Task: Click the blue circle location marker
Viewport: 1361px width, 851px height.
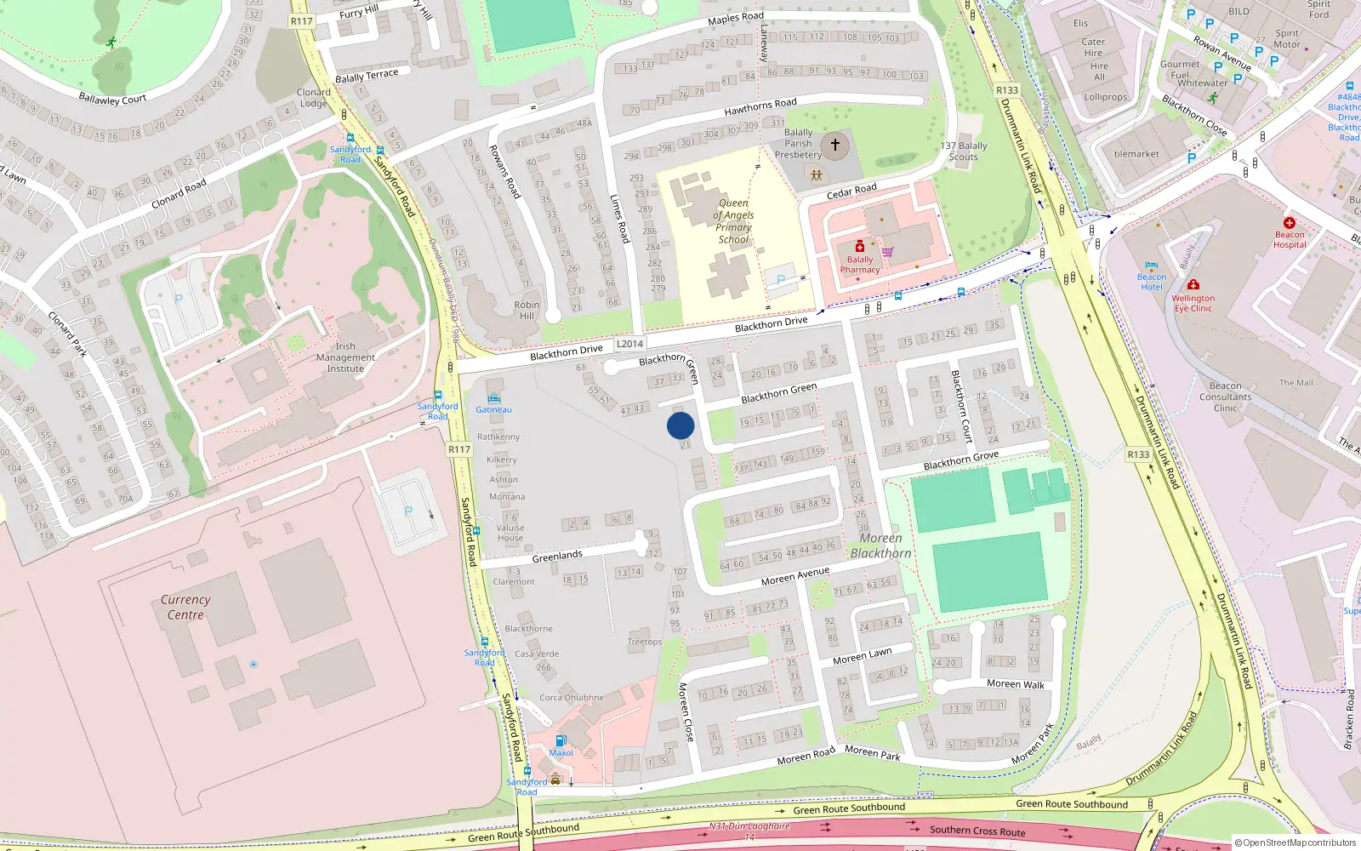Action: (x=680, y=425)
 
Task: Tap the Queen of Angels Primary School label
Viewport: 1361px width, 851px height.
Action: (x=733, y=221)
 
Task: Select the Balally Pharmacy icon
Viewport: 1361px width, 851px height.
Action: (x=860, y=247)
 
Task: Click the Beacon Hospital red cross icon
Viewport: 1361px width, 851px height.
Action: (x=1290, y=223)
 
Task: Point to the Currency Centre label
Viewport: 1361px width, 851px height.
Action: (x=185, y=607)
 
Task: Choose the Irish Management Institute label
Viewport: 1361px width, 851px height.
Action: (x=345, y=357)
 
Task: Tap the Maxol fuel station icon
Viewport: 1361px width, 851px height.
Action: (x=561, y=740)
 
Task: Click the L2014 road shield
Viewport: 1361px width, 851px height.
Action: (x=629, y=344)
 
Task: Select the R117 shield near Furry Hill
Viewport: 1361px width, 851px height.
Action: (x=302, y=21)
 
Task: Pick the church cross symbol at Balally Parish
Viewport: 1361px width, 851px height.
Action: (x=835, y=145)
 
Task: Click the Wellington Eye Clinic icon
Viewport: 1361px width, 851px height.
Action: (x=1193, y=285)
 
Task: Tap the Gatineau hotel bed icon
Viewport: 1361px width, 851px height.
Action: (x=493, y=398)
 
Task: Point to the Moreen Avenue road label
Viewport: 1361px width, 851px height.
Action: (x=794, y=577)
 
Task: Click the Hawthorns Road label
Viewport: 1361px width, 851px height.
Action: (x=760, y=107)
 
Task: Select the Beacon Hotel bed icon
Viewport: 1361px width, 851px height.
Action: (x=1152, y=266)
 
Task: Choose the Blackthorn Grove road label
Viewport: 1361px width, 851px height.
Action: (x=961, y=461)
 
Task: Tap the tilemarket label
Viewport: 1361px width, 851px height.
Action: (x=1136, y=154)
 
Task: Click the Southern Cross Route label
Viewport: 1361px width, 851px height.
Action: (x=977, y=831)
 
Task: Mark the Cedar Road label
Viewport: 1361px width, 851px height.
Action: (x=851, y=191)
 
